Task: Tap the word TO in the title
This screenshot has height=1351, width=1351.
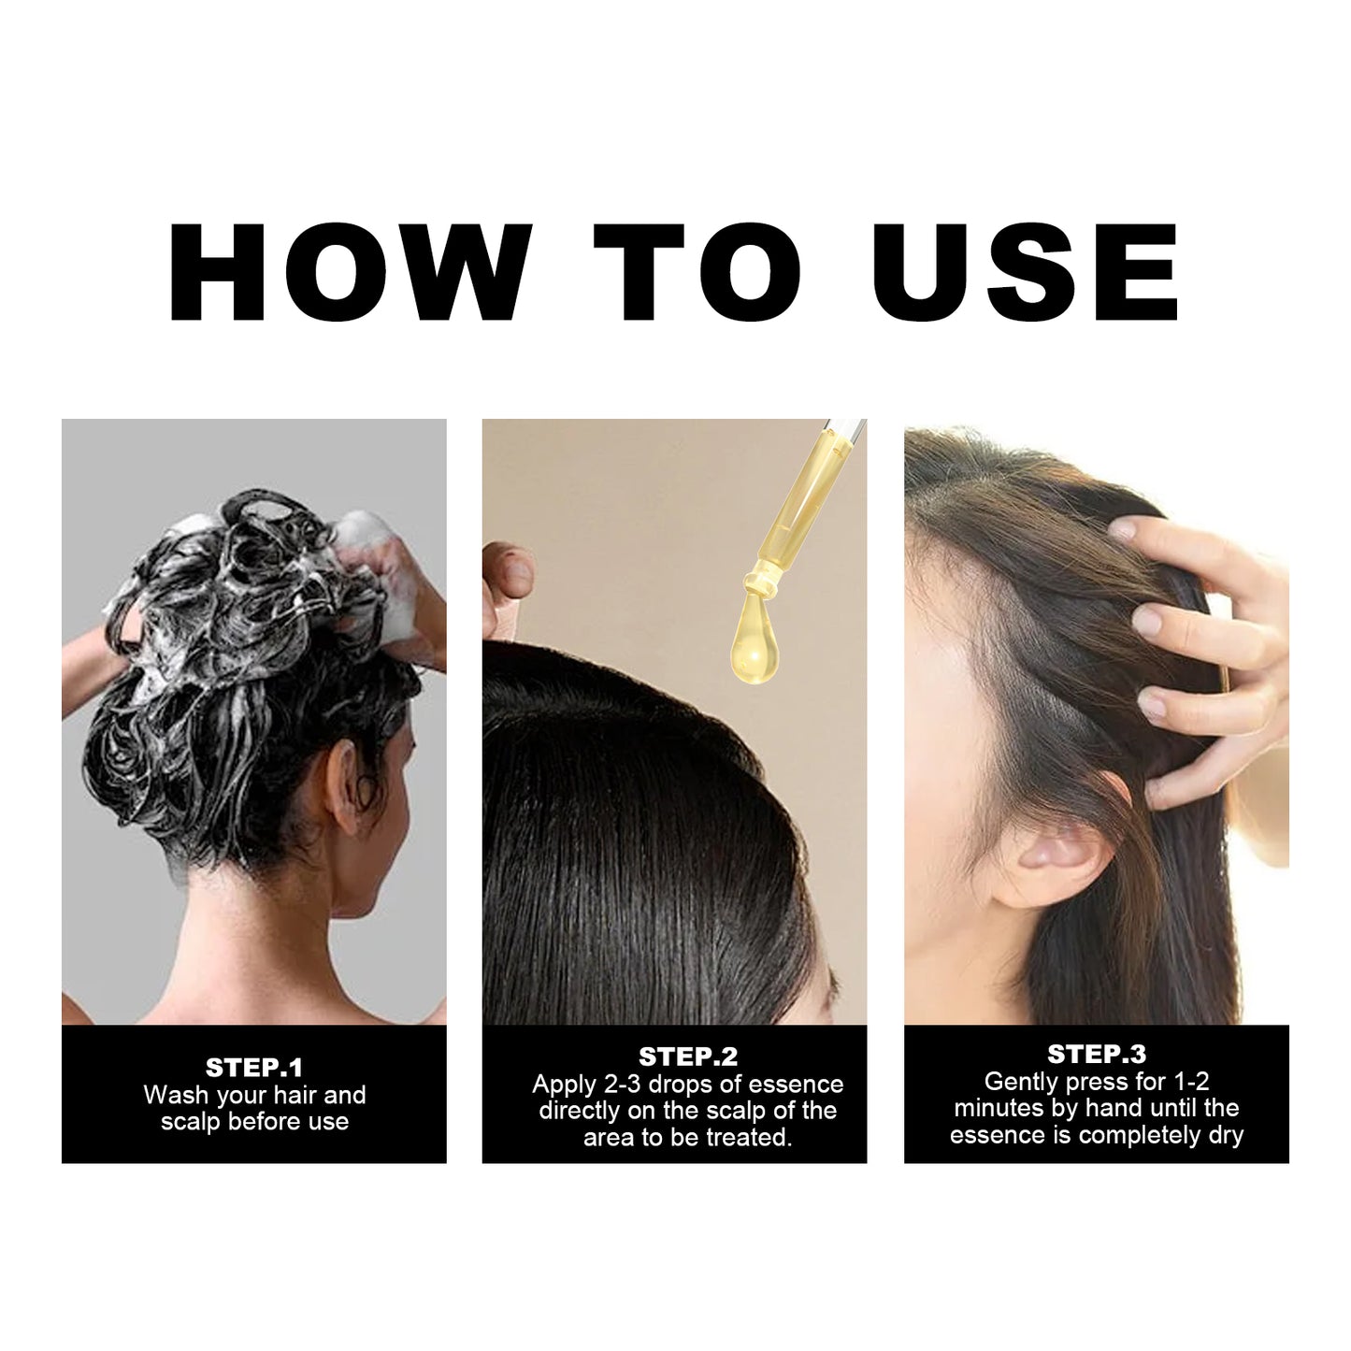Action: [x=697, y=273]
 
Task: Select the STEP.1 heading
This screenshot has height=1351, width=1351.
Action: [x=254, y=1068]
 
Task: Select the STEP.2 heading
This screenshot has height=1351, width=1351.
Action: [x=688, y=1056]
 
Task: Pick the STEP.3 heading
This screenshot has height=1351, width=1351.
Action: [x=1097, y=1054]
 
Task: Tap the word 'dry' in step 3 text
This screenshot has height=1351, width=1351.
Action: [x=1225, y=1135]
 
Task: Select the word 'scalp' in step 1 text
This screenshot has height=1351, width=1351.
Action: [x=191, y=1122]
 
